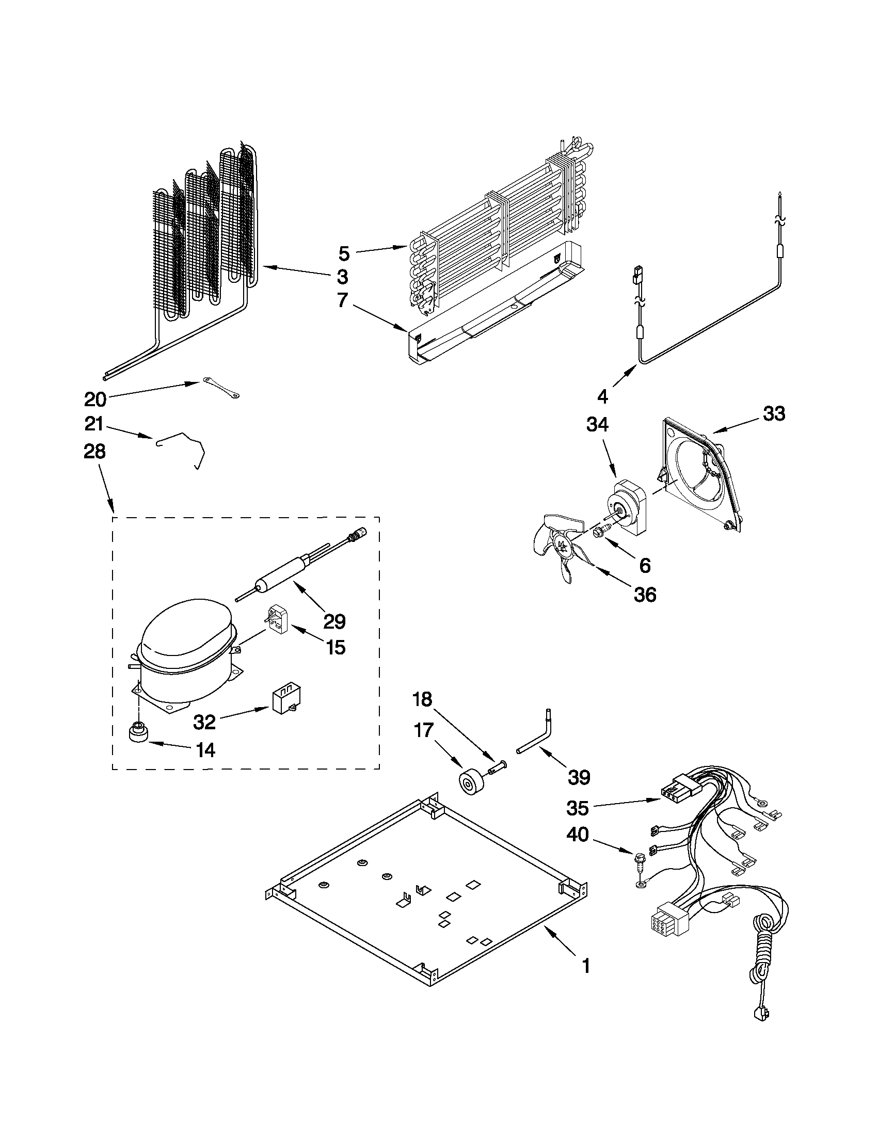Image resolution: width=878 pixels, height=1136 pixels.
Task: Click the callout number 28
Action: (x=94, y=452)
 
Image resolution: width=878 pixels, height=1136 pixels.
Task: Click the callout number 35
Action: (x=578, y=809)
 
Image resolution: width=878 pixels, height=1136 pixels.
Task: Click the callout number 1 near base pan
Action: (x=586, y=966)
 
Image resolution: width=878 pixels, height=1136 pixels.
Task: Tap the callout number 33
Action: (x=773, y=414)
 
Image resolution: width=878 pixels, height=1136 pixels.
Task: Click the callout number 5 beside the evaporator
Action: (x=344, y=254)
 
